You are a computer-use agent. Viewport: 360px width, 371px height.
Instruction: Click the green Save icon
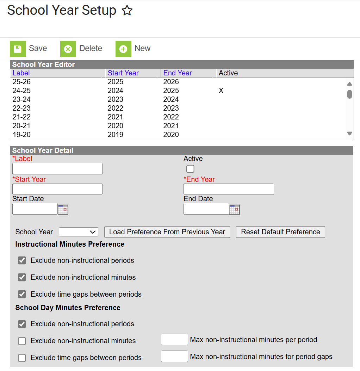tap(18, 49)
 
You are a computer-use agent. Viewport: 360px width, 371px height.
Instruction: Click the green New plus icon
tap(123, 49)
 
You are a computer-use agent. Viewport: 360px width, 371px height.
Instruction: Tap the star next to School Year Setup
tap(127, 11)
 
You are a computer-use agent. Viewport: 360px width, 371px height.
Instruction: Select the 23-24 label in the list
tap(22, 99)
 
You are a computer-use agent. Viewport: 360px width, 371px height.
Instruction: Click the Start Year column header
tap(123, 73)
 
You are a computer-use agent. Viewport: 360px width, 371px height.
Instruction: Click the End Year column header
tap(178, 73)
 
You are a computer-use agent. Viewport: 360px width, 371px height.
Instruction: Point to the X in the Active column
tap(221, 91)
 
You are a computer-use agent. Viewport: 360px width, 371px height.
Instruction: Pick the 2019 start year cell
tap(116, 135)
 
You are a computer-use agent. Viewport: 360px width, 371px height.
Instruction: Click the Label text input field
tap(57, 169)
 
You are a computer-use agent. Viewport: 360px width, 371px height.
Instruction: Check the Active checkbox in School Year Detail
tap(190, 169)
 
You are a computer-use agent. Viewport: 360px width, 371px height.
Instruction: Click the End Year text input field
tap(229, 189)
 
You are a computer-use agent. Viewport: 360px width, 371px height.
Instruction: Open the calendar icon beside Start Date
tap(63, 209)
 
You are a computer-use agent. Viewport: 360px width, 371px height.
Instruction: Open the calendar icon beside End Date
tap(234, 209)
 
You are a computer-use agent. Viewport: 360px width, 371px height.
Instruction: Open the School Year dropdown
tap(78, 232)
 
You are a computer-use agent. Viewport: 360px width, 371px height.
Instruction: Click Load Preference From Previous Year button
tap(167, 232)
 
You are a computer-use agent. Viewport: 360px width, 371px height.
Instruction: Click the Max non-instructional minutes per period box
tap(174, 340)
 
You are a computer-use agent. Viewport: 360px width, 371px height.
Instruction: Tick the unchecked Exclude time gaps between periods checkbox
tap(22, 358)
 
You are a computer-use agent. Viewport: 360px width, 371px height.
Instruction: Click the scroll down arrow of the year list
tap(349, 134)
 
